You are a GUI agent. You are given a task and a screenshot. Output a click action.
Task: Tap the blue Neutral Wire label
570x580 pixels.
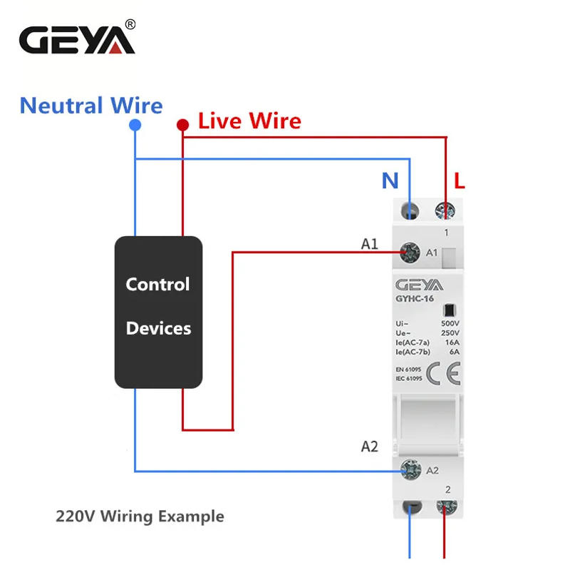(91, 106)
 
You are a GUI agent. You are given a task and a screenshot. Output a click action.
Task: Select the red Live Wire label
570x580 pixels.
(249, 121)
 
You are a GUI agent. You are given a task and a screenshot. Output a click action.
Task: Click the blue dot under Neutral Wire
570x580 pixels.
(135, 125)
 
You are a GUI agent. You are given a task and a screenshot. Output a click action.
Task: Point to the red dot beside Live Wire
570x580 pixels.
(182, 125)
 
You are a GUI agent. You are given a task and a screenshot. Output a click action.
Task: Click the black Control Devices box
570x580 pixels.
(158, 312)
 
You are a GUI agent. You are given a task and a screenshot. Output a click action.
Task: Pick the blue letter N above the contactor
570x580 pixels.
(390, 181)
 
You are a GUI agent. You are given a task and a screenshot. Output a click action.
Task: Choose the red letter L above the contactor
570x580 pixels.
(459, 181)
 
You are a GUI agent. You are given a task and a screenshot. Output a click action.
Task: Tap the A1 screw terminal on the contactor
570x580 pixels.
(410, 251)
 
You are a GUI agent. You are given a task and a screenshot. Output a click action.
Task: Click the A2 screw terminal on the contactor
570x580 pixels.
(410, 469)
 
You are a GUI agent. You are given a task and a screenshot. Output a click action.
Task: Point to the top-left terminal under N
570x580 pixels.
(410, 210)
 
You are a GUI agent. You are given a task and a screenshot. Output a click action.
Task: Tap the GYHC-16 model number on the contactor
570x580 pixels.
(415, 299)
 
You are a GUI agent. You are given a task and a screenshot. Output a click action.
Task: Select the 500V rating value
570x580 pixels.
(450, 323)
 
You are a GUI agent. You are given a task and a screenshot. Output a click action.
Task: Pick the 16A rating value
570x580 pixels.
(452, 342)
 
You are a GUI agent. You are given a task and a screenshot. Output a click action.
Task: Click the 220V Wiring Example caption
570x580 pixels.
(140, 516)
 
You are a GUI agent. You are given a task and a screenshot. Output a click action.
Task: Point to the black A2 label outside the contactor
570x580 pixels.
(369, 447)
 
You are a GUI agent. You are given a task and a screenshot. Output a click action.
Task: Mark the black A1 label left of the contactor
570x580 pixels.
(369, 244)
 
